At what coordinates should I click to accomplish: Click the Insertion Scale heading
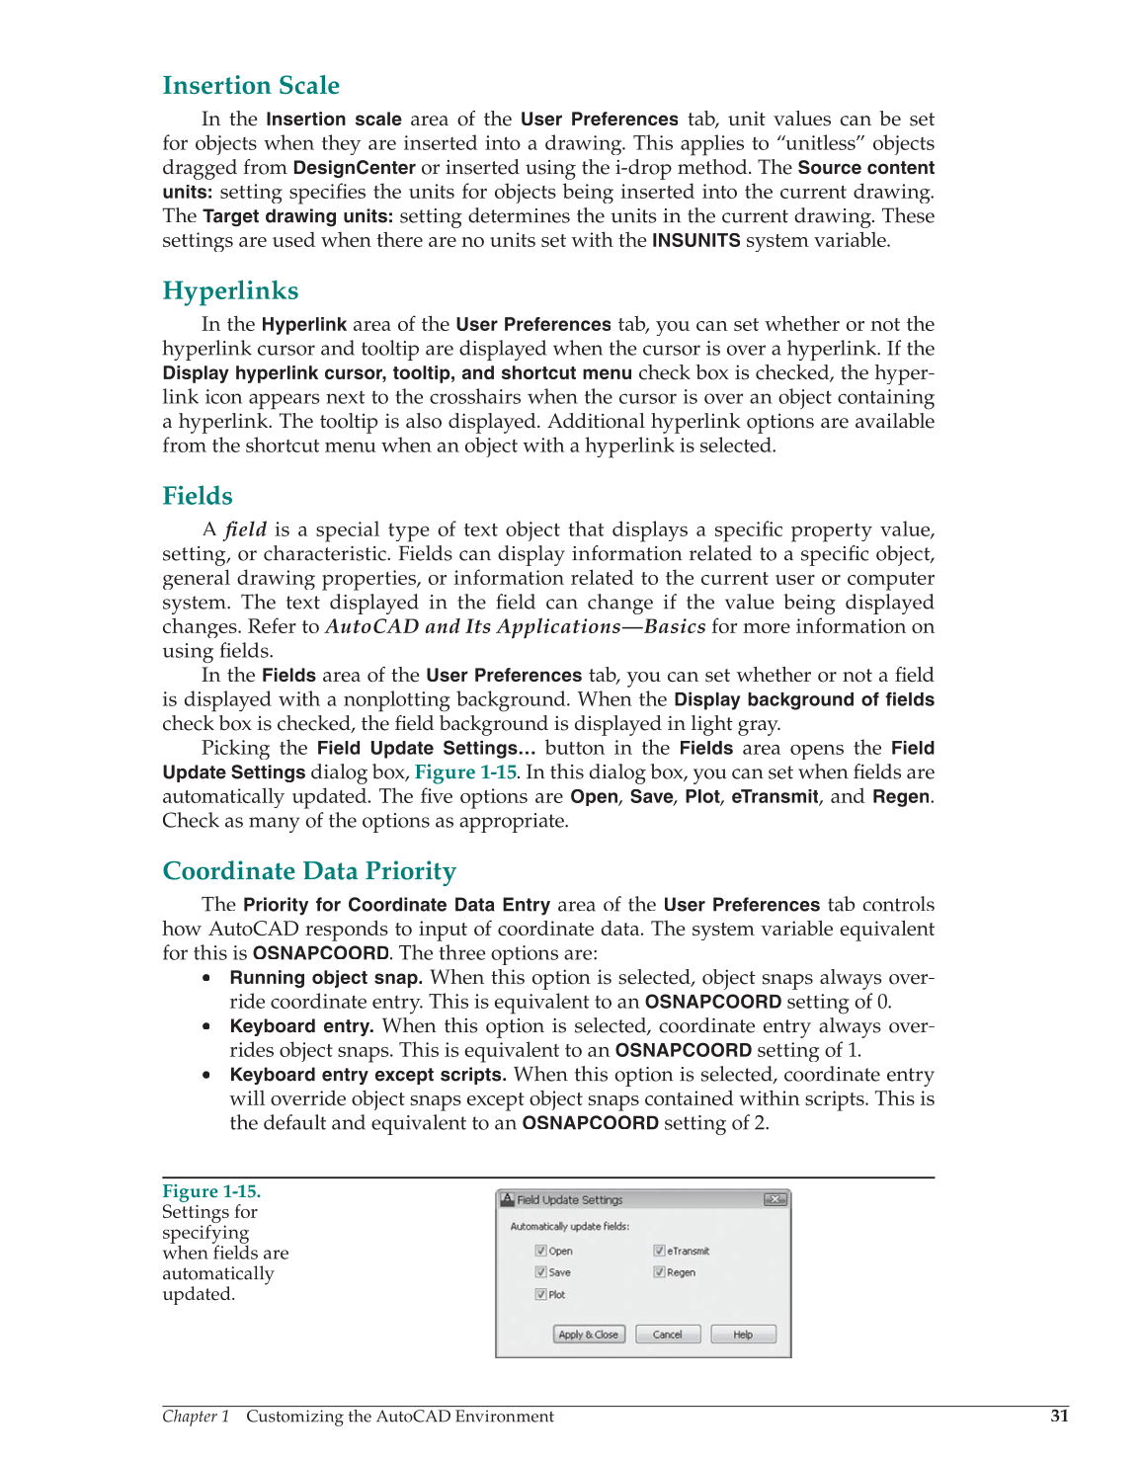(251, 86)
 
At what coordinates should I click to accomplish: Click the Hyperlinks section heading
(230, 291)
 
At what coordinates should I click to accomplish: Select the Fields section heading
(198, 497)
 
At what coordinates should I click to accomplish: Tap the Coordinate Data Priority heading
(309, 871)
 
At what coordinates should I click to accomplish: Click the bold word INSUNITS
(695, 241)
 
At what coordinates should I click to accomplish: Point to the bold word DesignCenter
(354, 168)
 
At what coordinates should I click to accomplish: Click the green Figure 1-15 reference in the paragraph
(465, 772)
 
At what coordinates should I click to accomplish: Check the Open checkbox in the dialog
(541, 1251)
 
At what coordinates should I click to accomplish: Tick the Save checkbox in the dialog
(541, 1272)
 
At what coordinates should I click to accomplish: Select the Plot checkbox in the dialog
(541, 1294)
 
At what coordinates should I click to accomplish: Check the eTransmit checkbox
(660, 1251)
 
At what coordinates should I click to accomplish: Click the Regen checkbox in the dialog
(660, 1272)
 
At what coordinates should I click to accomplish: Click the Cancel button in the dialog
(667, 1335)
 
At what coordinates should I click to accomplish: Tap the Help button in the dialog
(743, 1335)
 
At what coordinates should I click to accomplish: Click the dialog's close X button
(775, 1199)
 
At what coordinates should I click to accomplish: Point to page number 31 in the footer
(1059, 1416)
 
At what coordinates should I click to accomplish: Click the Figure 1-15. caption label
(211, 1191)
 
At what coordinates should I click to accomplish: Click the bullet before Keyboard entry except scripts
(206, 1075)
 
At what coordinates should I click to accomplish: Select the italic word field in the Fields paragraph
(245, 530)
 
